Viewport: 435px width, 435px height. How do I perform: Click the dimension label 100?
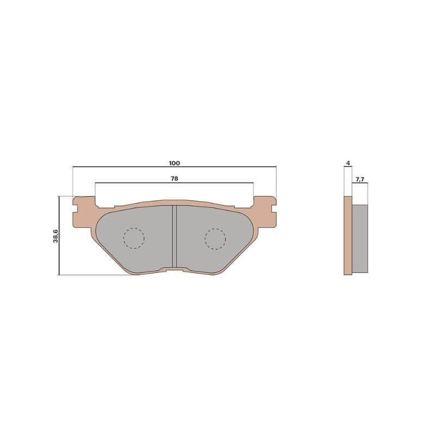174,163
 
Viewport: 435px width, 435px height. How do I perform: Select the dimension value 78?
174,179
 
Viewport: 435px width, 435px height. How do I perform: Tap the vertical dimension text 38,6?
55,236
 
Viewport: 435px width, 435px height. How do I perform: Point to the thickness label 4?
348,163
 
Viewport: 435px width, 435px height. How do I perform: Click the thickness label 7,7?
360,179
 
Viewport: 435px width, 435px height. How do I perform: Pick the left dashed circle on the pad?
134,238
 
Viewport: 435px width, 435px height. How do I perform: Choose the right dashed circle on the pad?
215,239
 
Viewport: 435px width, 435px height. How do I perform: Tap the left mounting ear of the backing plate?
84,212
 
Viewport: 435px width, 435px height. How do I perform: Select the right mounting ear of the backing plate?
265,212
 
